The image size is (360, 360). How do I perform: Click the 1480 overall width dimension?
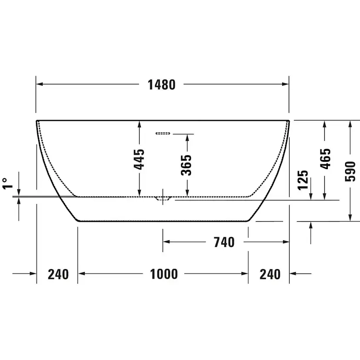pyautogui.click(x=161, y=85)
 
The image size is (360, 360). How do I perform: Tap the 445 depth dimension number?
pyautogui.click(x=139, y=159)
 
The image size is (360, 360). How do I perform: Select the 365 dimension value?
pyautogui.click(x=187, y=165)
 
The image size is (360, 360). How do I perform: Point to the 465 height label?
pyautogui.click(x=325, y=159)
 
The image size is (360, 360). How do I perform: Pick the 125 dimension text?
pyautogui.click(x=303, y=179)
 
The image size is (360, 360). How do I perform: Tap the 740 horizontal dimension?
pyautogui.click(x=224, y=242)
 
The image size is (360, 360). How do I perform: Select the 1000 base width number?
pyautogui.click(x=164, y=274)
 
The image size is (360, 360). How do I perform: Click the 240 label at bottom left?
pyautogui.click(x=58, y=274)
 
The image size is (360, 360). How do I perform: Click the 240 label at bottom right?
pyautogui.click(x=270, y=274)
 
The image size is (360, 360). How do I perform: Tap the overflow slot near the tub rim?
pyautogui.click(x=163, y=133)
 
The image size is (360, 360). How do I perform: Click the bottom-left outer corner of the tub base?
pyautogui.click(x=78, y=220)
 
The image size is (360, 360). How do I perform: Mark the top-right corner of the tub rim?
pyautogui.click(x=289, y=120)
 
